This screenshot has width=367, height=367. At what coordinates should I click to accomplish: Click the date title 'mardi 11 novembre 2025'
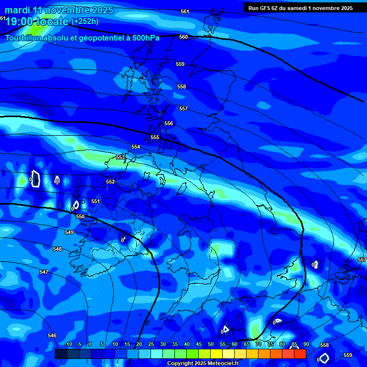click(59, 10)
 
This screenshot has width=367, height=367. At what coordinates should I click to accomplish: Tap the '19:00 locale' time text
click(37, 21)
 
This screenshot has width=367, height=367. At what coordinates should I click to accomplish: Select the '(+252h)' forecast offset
click(85, 21)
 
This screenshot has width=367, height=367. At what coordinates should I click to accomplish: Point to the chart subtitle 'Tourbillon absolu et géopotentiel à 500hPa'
click(82, 38)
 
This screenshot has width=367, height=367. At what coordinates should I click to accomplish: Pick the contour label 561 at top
click(185, 11)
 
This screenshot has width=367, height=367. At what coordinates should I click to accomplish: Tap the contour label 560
click(183, 37)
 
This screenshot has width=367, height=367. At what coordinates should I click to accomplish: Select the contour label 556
click(169, 123)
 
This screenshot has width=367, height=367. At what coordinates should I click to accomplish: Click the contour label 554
click(136, 147)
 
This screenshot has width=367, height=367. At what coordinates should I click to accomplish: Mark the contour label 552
click(110, 182)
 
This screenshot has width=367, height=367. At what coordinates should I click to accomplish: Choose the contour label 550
click(80, 216)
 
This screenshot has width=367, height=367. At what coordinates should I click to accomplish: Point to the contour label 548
click(57, 249)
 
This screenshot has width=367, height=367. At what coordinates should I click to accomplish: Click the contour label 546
click(52, 335)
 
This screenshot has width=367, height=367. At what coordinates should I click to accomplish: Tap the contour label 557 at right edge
click(362, 259)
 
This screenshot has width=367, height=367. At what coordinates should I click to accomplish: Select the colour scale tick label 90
click(306, 344)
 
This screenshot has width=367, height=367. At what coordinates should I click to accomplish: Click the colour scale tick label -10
click(68, 344)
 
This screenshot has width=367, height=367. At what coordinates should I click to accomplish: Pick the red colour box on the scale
click(300, 354)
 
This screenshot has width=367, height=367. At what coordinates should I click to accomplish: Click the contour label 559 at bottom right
click(348, 355)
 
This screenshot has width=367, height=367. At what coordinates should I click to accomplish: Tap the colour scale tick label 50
click(211, 344)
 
